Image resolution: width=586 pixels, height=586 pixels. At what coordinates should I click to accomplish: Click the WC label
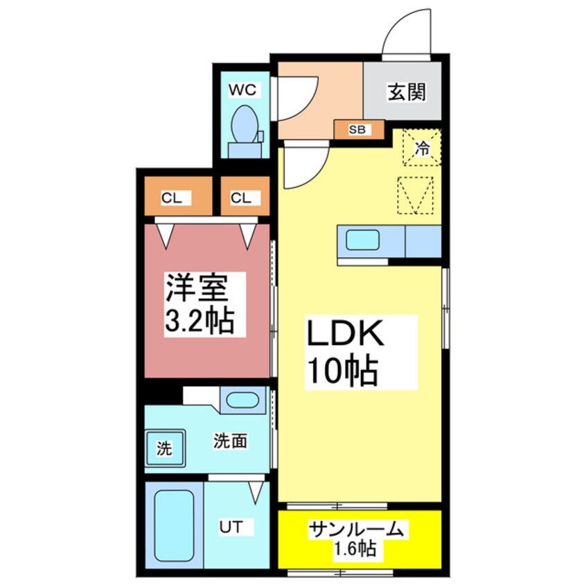coord(243,89)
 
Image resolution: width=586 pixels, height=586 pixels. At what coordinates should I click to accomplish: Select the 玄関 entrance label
coord(406,92)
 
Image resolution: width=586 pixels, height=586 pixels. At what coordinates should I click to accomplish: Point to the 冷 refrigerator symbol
coord(421,147)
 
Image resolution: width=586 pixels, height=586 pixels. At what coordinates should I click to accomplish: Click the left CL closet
coord(172,198)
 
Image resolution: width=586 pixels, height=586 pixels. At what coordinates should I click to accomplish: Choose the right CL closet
coord(242,198)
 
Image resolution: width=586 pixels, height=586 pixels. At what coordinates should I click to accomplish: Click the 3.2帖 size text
coord(199,321)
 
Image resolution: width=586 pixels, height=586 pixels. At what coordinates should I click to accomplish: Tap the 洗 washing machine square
coord(163,448)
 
